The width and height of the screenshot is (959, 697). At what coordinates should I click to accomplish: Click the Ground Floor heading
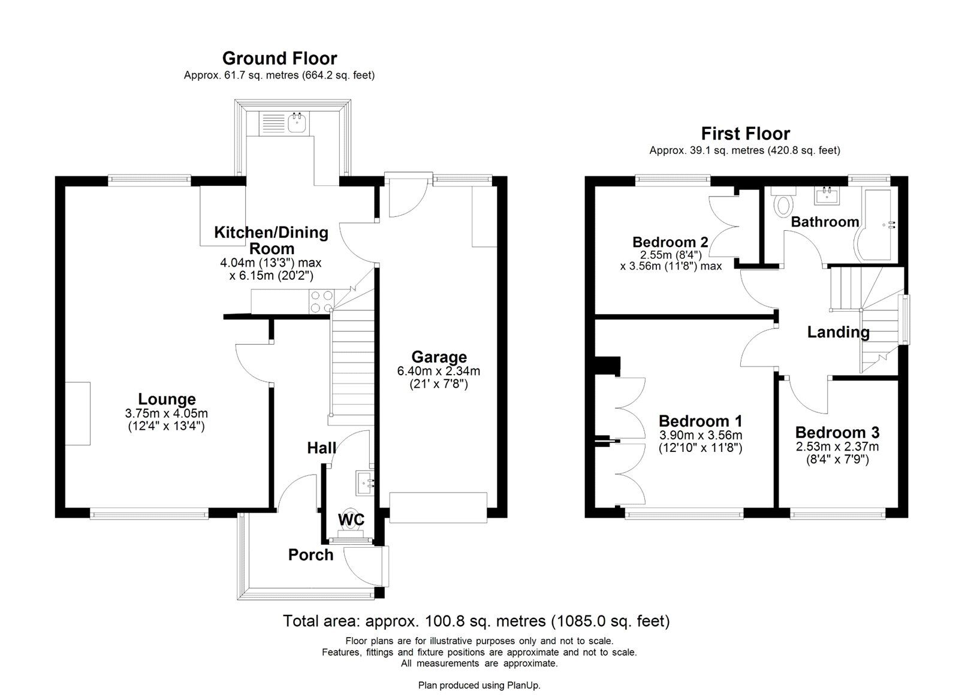[x=279, y=58]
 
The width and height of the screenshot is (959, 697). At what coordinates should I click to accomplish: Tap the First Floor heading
[x=746, y=133]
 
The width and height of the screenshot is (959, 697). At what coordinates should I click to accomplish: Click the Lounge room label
[x=167, y=399]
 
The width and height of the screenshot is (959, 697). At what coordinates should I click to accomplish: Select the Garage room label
[x=439, y=357]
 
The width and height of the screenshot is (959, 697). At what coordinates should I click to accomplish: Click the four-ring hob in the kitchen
[x=321, y=301]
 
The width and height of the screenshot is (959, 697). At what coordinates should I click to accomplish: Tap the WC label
[x=351, y=519]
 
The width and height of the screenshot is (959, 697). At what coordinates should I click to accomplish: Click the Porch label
[x=310, y=555]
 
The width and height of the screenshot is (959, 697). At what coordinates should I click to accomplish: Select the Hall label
[x=321, y=448]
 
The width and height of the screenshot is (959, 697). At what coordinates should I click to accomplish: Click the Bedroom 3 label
[x=837, y=433]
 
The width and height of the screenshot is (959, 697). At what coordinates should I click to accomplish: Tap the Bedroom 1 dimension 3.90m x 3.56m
[x=701, y=435]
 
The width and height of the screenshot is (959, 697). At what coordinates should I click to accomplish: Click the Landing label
[x=838, y=332]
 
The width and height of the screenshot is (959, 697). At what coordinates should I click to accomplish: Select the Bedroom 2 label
[x=670, y=242]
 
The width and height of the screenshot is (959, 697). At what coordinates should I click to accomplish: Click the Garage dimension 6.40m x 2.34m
[x=439, y=372]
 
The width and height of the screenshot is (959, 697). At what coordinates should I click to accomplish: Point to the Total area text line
[x=477, y=621]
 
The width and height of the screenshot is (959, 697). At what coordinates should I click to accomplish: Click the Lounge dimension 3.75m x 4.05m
[x=167, y=413]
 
